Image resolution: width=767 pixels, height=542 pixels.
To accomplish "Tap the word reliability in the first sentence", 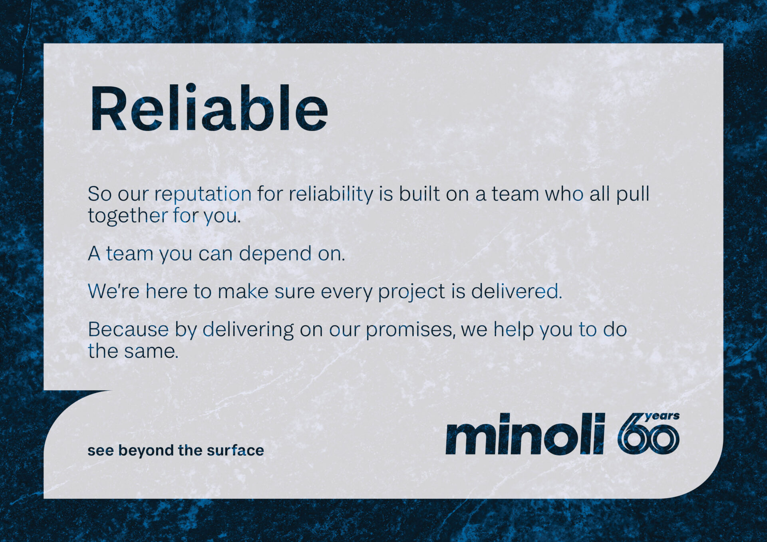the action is click(x=331, y=195).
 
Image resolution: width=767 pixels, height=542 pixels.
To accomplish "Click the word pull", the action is click(x=633, y=195).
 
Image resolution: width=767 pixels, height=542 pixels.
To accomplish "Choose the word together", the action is click(x=128, y=216).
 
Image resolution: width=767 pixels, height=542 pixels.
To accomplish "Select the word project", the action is click(x=411, y=292).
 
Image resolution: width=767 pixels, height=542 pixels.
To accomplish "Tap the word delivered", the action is click(x=517, y=291).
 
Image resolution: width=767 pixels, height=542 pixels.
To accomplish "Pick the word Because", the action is click(x=128, y=330).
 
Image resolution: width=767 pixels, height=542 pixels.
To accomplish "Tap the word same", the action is click(x=151, y=352).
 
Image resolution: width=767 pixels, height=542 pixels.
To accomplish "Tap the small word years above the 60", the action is click(x=662, y=416).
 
